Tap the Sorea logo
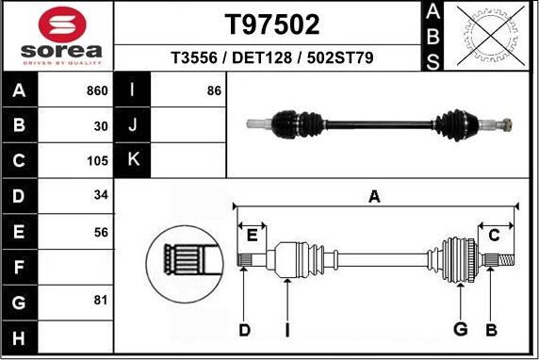point(58,37)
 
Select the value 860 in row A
point(97,90)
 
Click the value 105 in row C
point(98,161)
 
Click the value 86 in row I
point(213,90)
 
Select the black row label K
point(133,160)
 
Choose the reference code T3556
point(195,58)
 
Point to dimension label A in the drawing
point(374,196)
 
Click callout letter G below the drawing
point(460,329)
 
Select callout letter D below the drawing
point(244,329)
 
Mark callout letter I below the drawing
point(286,329)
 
